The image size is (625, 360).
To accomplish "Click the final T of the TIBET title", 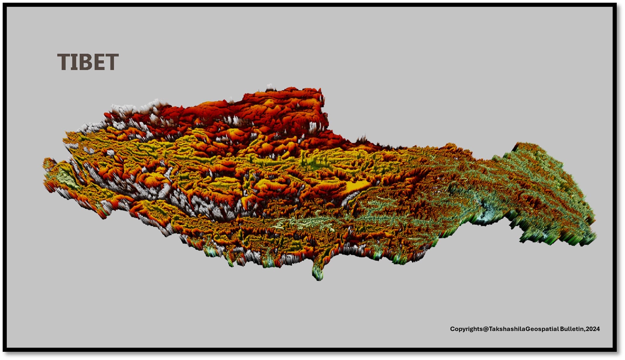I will coord(113,62).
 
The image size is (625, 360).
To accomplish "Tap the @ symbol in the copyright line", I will coord(486,329).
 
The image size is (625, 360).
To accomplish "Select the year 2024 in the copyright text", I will coord(593,329).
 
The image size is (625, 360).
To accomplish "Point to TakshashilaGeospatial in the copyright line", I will coord(524,329).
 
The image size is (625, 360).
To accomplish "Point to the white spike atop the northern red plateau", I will coord(270,87).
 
